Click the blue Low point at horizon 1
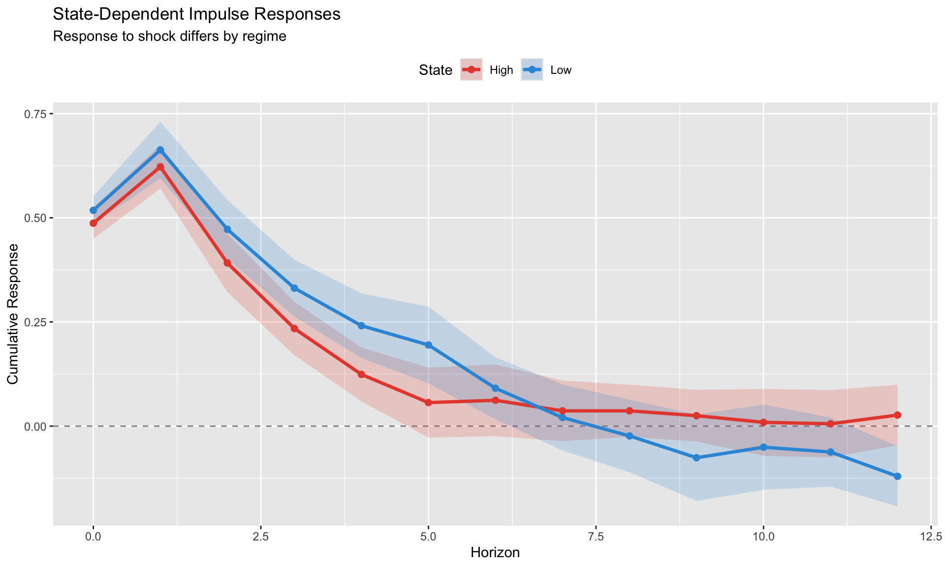tap(160, 150)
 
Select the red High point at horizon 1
tap(160, 167)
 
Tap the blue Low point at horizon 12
tap(897, 476)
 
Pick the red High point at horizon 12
tap(897, 415)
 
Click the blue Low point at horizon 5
tap(428, 345)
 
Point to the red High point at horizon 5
tap(428, 403)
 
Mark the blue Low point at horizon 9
tap(696, 458)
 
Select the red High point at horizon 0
tap(93, 223)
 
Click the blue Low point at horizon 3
tap(294, 288)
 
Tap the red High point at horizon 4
tap(361, 375)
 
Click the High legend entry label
tap(501, 70)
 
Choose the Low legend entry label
tap(561, 70)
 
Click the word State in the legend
tap(435, 70)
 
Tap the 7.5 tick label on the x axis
tap(596, 535)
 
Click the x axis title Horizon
tap(495, 553)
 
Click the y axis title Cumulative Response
tap(13, 314)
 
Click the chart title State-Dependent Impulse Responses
tap(196, 14)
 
